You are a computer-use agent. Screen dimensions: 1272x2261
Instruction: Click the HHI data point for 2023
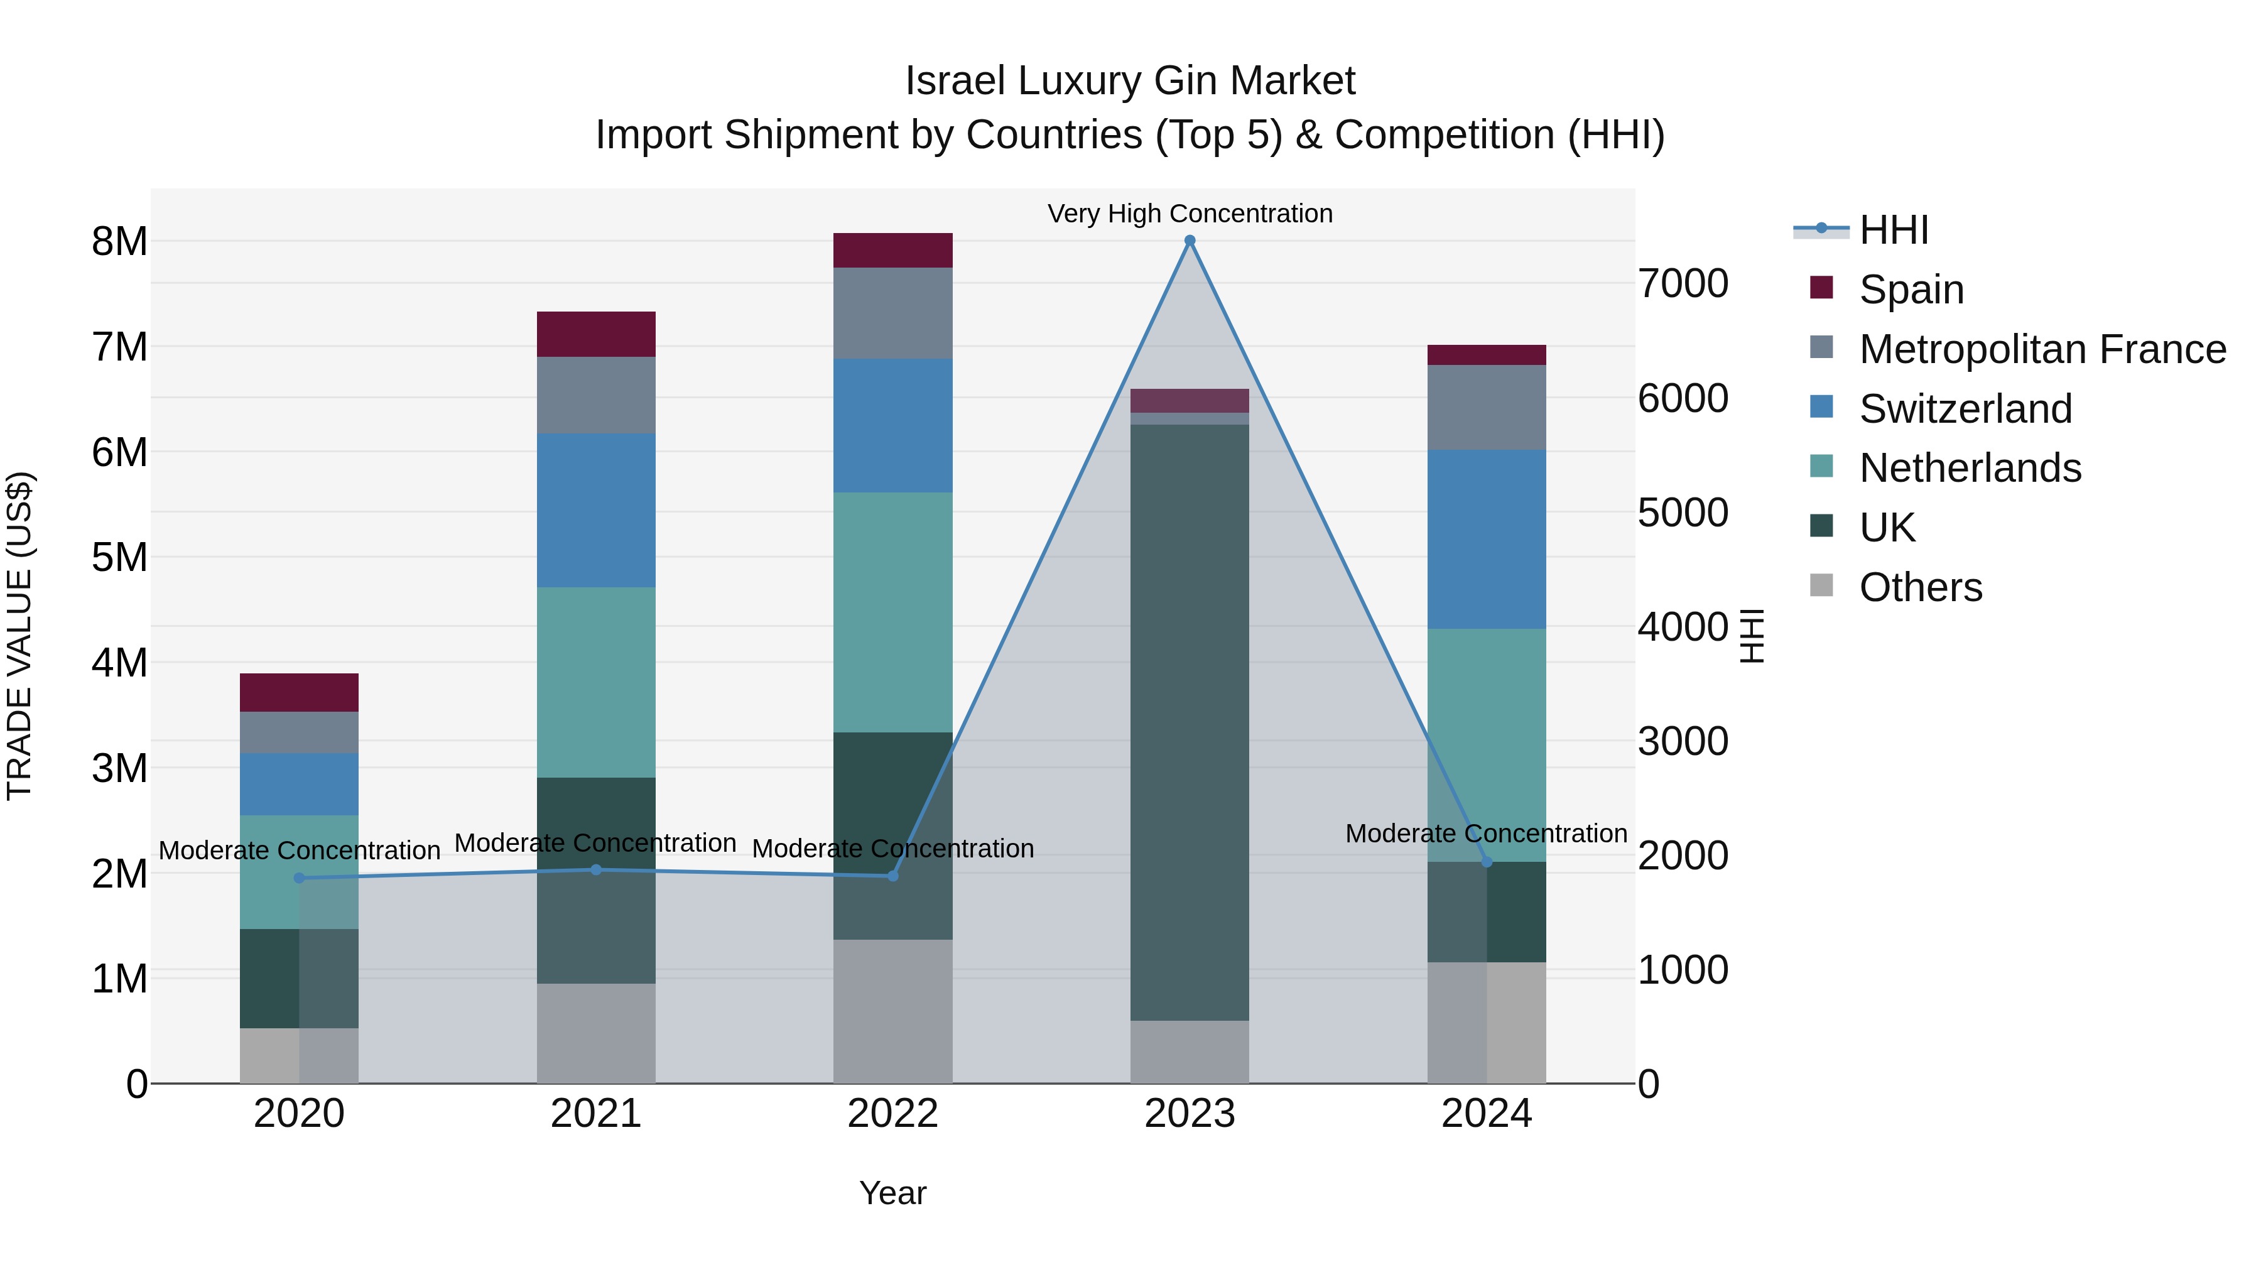[x=1190, y=241]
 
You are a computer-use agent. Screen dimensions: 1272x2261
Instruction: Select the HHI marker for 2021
[x=596, y=870]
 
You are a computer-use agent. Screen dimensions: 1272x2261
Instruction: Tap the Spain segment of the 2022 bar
[x=892, y=250]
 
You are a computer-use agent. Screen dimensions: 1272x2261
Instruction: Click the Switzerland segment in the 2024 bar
[x=1486, y=539]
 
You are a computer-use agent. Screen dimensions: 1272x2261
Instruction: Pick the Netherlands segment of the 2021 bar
[x=596, y=682]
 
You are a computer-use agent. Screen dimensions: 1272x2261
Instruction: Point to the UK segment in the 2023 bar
[x=1190, y=722]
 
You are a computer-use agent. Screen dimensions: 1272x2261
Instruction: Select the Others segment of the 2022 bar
[x=892, y=1011]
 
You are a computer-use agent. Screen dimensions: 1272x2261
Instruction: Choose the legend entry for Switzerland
[x=1965, y=409]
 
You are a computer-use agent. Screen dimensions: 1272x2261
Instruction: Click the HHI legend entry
[x=1892, y=230]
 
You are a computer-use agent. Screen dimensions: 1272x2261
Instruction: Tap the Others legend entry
[x=1919, y=587]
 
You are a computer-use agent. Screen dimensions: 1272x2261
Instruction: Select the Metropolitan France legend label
[x=2042, y=349]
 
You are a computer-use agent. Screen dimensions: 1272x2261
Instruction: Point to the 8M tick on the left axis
[x=119, y=241]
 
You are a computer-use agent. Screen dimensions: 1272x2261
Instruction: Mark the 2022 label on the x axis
[x=892, y=1114]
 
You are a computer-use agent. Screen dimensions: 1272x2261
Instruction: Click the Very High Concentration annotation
[x=1190, y=214]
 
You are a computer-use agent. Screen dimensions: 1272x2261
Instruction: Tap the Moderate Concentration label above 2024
[x=1486, y=833]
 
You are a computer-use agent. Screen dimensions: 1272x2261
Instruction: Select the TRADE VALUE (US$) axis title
[x=19, y=636]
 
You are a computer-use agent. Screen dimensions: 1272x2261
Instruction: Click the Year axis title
[x=892, y=1193]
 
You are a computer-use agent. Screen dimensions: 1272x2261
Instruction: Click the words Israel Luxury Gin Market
[x=1130, y=81]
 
